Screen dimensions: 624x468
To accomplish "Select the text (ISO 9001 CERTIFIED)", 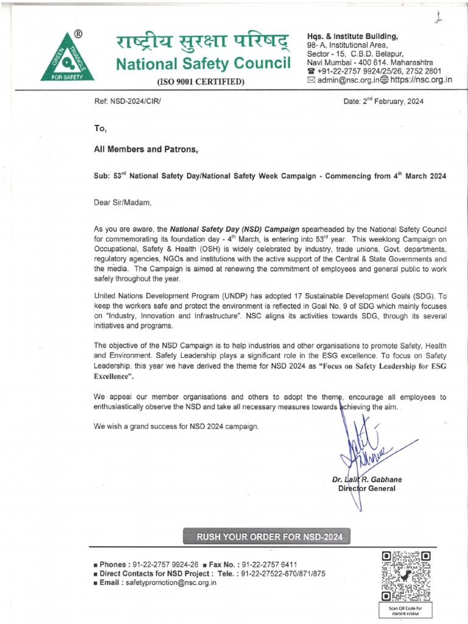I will [201, 82].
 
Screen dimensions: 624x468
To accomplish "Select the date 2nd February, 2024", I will [383, 101].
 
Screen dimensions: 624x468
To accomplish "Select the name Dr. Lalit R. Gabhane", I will [367, 480].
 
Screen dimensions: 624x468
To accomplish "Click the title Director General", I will [366, 489].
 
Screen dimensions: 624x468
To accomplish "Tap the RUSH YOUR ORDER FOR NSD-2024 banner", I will [269, 537].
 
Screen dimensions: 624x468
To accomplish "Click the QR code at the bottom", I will [406, 575].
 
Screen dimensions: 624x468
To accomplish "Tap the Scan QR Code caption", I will [406, 609].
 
